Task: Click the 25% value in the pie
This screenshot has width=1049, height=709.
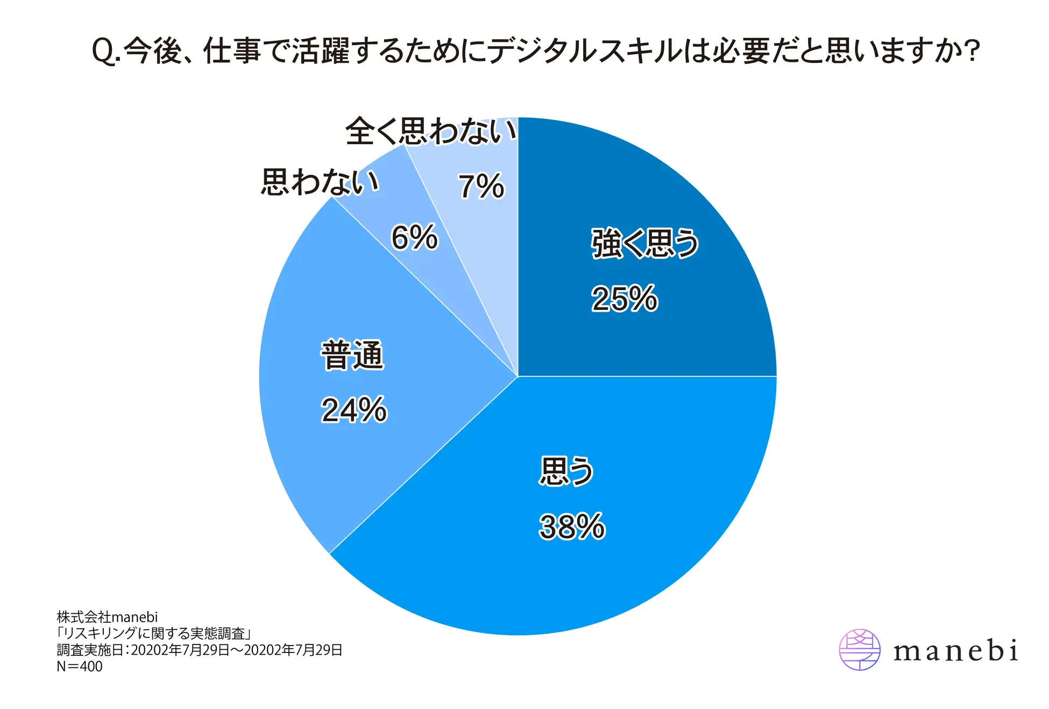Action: click(x=624, y=299)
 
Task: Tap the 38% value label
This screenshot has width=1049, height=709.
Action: click(x=572, y=527)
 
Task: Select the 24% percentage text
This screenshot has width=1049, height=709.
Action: click(x=354, y=410)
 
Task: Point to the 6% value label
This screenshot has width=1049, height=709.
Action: click(x=414, y=237)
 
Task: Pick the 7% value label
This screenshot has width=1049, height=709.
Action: click(x=481, y=186)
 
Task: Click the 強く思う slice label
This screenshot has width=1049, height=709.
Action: click(x=644, y=243)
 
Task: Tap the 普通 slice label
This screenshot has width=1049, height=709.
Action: click(x=352, y=355)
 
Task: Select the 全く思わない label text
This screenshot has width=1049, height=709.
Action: click(x=430, y=131)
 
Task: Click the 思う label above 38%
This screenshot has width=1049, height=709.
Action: click(x=566, y=471)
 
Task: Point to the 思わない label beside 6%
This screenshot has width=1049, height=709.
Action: click(x=321, y=182)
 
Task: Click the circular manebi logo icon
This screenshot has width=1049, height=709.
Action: click(x=860, y=650)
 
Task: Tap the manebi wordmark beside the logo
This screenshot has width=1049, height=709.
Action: click(x=955, y=651)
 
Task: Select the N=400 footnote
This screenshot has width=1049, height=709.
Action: click(x=80, y=666)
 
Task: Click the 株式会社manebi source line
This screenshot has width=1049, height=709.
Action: click(x=107, y=617)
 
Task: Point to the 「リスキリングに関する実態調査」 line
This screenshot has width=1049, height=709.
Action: click(x=154, y=634)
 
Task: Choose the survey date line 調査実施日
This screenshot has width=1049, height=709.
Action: click(x=200, y=650)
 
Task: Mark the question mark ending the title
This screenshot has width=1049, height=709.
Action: click(x=972, y=52)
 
